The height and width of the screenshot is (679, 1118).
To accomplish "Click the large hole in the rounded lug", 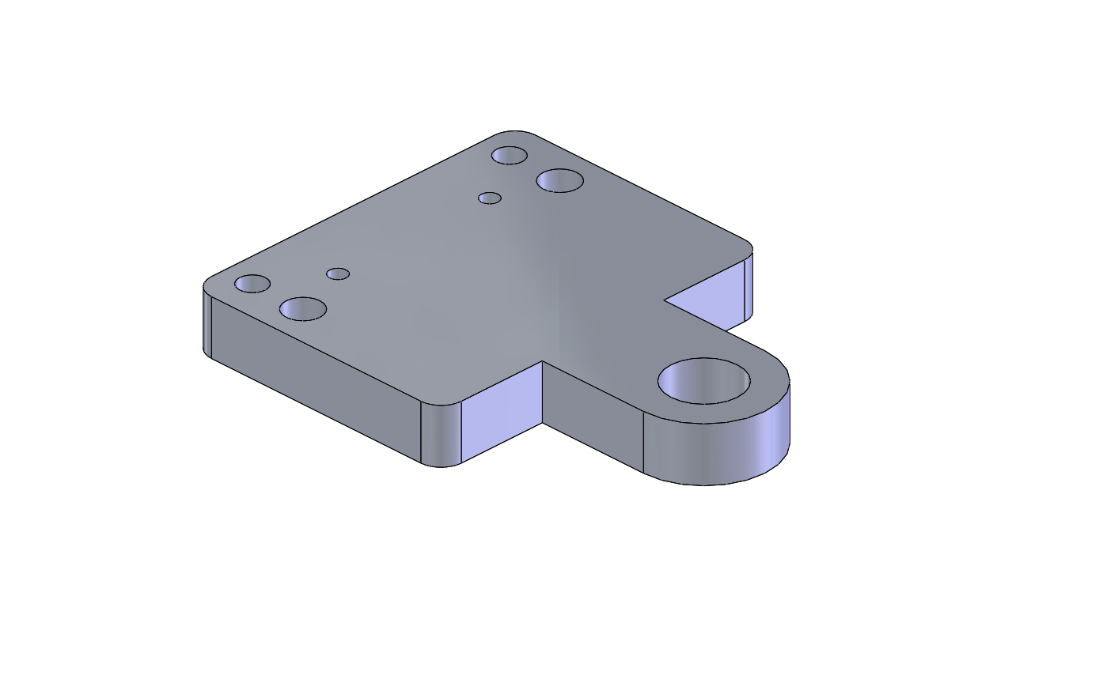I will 704,381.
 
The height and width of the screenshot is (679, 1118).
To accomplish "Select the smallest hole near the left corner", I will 338,274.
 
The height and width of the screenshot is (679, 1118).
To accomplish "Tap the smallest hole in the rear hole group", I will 490,198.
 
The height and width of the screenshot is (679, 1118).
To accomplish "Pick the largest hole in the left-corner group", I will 303,309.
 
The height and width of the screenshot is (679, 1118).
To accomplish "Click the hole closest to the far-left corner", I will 252,284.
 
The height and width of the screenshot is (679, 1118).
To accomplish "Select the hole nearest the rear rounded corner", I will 510,155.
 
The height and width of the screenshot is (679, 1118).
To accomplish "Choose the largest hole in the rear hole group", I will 560,180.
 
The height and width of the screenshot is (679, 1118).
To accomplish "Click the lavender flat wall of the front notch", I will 502,415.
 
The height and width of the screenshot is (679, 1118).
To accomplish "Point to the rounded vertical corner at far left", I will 207,324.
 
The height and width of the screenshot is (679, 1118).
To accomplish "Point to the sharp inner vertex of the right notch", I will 664,300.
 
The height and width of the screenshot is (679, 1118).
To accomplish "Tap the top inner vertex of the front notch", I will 543,361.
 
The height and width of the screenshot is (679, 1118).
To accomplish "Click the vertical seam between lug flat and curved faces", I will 643,443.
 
